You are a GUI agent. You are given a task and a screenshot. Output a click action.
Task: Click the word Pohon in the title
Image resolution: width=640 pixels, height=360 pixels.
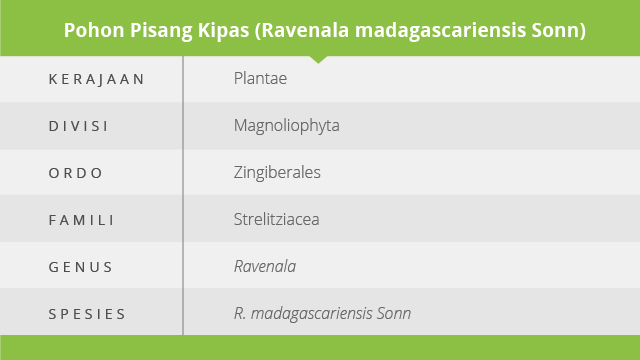(94, 30)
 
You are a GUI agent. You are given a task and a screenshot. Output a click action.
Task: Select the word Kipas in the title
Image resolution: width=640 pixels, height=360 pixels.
(223, 31)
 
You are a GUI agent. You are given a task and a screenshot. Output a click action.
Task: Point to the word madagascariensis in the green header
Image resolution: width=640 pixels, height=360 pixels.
(440, 31)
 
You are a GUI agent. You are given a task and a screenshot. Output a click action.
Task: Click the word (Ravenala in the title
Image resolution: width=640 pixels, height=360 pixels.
(302, 31)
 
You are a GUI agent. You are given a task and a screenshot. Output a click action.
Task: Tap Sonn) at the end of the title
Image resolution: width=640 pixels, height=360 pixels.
(559, 31)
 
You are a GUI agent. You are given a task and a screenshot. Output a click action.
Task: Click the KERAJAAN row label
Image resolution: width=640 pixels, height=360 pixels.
(96, 79)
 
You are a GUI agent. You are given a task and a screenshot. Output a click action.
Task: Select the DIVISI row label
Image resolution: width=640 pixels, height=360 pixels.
(78, 126)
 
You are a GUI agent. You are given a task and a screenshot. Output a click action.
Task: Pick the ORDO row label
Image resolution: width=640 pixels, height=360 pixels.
(76, 173)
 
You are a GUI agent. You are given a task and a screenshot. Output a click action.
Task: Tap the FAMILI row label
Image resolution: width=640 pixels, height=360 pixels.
(81, 220)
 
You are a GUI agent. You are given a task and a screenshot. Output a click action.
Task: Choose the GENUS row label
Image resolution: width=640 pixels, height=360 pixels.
(80, 267)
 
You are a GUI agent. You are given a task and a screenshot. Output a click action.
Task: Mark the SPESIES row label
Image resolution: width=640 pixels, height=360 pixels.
(87, 314)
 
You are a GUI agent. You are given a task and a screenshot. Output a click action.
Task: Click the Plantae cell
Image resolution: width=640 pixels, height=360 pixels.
(260, 78)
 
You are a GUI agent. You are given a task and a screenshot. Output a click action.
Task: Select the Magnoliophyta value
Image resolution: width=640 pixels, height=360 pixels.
(287, 126)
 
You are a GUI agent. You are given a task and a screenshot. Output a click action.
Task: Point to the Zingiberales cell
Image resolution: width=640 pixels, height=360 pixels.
(277, 173)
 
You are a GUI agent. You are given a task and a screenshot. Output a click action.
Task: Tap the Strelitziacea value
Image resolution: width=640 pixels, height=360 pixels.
(276, 220)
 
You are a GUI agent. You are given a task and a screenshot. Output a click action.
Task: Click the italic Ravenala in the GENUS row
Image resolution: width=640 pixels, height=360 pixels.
(265, 267)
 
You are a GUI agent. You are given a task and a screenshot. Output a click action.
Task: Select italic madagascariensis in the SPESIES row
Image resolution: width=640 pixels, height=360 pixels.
(311, 314)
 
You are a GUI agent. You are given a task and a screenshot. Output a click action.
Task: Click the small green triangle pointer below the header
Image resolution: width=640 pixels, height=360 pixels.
(318, 60)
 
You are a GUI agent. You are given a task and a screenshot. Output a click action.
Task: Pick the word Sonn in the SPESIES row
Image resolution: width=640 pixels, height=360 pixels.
(394, 313)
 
